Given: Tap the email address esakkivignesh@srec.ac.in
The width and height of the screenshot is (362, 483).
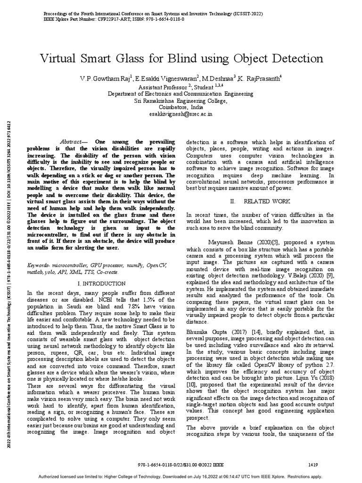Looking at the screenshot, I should [x=181, y=114].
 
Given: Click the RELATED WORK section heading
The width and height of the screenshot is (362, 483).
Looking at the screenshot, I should [x=260, y=201].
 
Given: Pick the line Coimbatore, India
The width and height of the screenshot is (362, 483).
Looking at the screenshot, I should [x=181, y=107].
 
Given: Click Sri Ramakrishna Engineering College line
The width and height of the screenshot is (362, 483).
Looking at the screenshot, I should [x=181, y=100].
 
